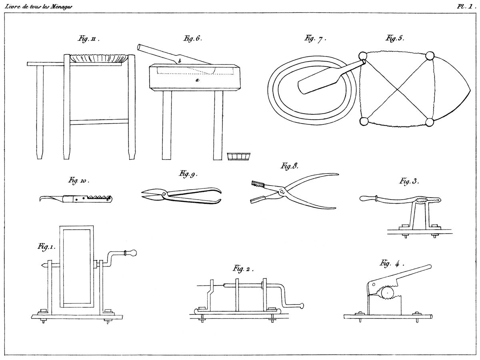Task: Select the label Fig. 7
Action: (x=315, y=39)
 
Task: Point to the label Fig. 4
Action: (x=392, y=264)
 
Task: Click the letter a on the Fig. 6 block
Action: (x=196, y=80)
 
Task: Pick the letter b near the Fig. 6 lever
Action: (x=180, y=61)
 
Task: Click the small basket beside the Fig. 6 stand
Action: (x=238, y=156)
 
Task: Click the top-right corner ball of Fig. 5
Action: (x=430, y=55)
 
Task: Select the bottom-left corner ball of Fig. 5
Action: (x=364, y=122)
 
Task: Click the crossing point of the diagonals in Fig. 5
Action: (x=396, y=89)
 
